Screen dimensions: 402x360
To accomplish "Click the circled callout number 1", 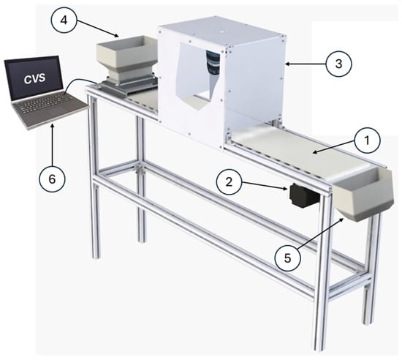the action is pyautogui.click(x=367, y=140).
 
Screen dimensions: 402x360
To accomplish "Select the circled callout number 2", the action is pyautogui.click(x=229, y=182).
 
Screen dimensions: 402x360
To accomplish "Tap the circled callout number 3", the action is pyautogui.click(x=338, y=64).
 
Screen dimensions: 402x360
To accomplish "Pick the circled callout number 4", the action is pyautogui.click(x=64, y=20).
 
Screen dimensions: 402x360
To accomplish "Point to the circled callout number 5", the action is pyautogui.click(x=287, y=258).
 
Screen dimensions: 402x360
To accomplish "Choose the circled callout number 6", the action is pyautogui.click(x=52, y=179).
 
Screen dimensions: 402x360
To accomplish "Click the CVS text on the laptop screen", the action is pyautogui.click(x=35, y=78).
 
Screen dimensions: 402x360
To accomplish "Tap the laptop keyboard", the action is pyautogui.click(x=45, y=102).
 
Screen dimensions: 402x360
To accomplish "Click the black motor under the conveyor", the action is pyautogui.click(x=304, y=195).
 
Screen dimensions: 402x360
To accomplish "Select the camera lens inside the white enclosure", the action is pyautogui.click(x=213, y=62).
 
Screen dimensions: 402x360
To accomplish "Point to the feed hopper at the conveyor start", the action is pyautogui.click(x=126, y=60).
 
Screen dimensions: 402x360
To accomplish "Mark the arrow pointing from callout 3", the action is pyautogui.click(x=305, y=64).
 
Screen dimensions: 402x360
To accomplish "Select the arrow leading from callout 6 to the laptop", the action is pyautogui.click(x=53, y=144).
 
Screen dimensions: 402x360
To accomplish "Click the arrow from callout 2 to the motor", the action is pyautogui.click(x=264, y=186).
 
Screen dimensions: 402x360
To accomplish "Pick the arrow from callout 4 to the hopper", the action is pyautogui.click(x=97, y=29).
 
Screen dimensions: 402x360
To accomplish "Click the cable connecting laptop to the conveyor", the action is pyautogui.click(x=80, y=85).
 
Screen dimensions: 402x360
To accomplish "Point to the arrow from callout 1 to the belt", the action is pyautogui.click(x=333, y=148).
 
